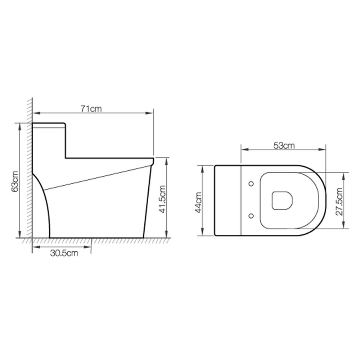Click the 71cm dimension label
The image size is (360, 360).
pos(91,109)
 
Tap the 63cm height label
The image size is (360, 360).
pos(15,181)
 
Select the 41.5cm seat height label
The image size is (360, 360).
pos(163,199)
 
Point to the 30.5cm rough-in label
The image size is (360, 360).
pos(64,253)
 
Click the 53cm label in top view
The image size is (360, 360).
pos(284,145)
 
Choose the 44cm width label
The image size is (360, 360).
pos(199,202)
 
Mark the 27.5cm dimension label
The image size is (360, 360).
pos(339,201)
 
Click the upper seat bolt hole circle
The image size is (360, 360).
pos(251,184)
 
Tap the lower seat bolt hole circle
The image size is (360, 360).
pos(251,216)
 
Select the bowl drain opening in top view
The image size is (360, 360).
pos(282,200)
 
